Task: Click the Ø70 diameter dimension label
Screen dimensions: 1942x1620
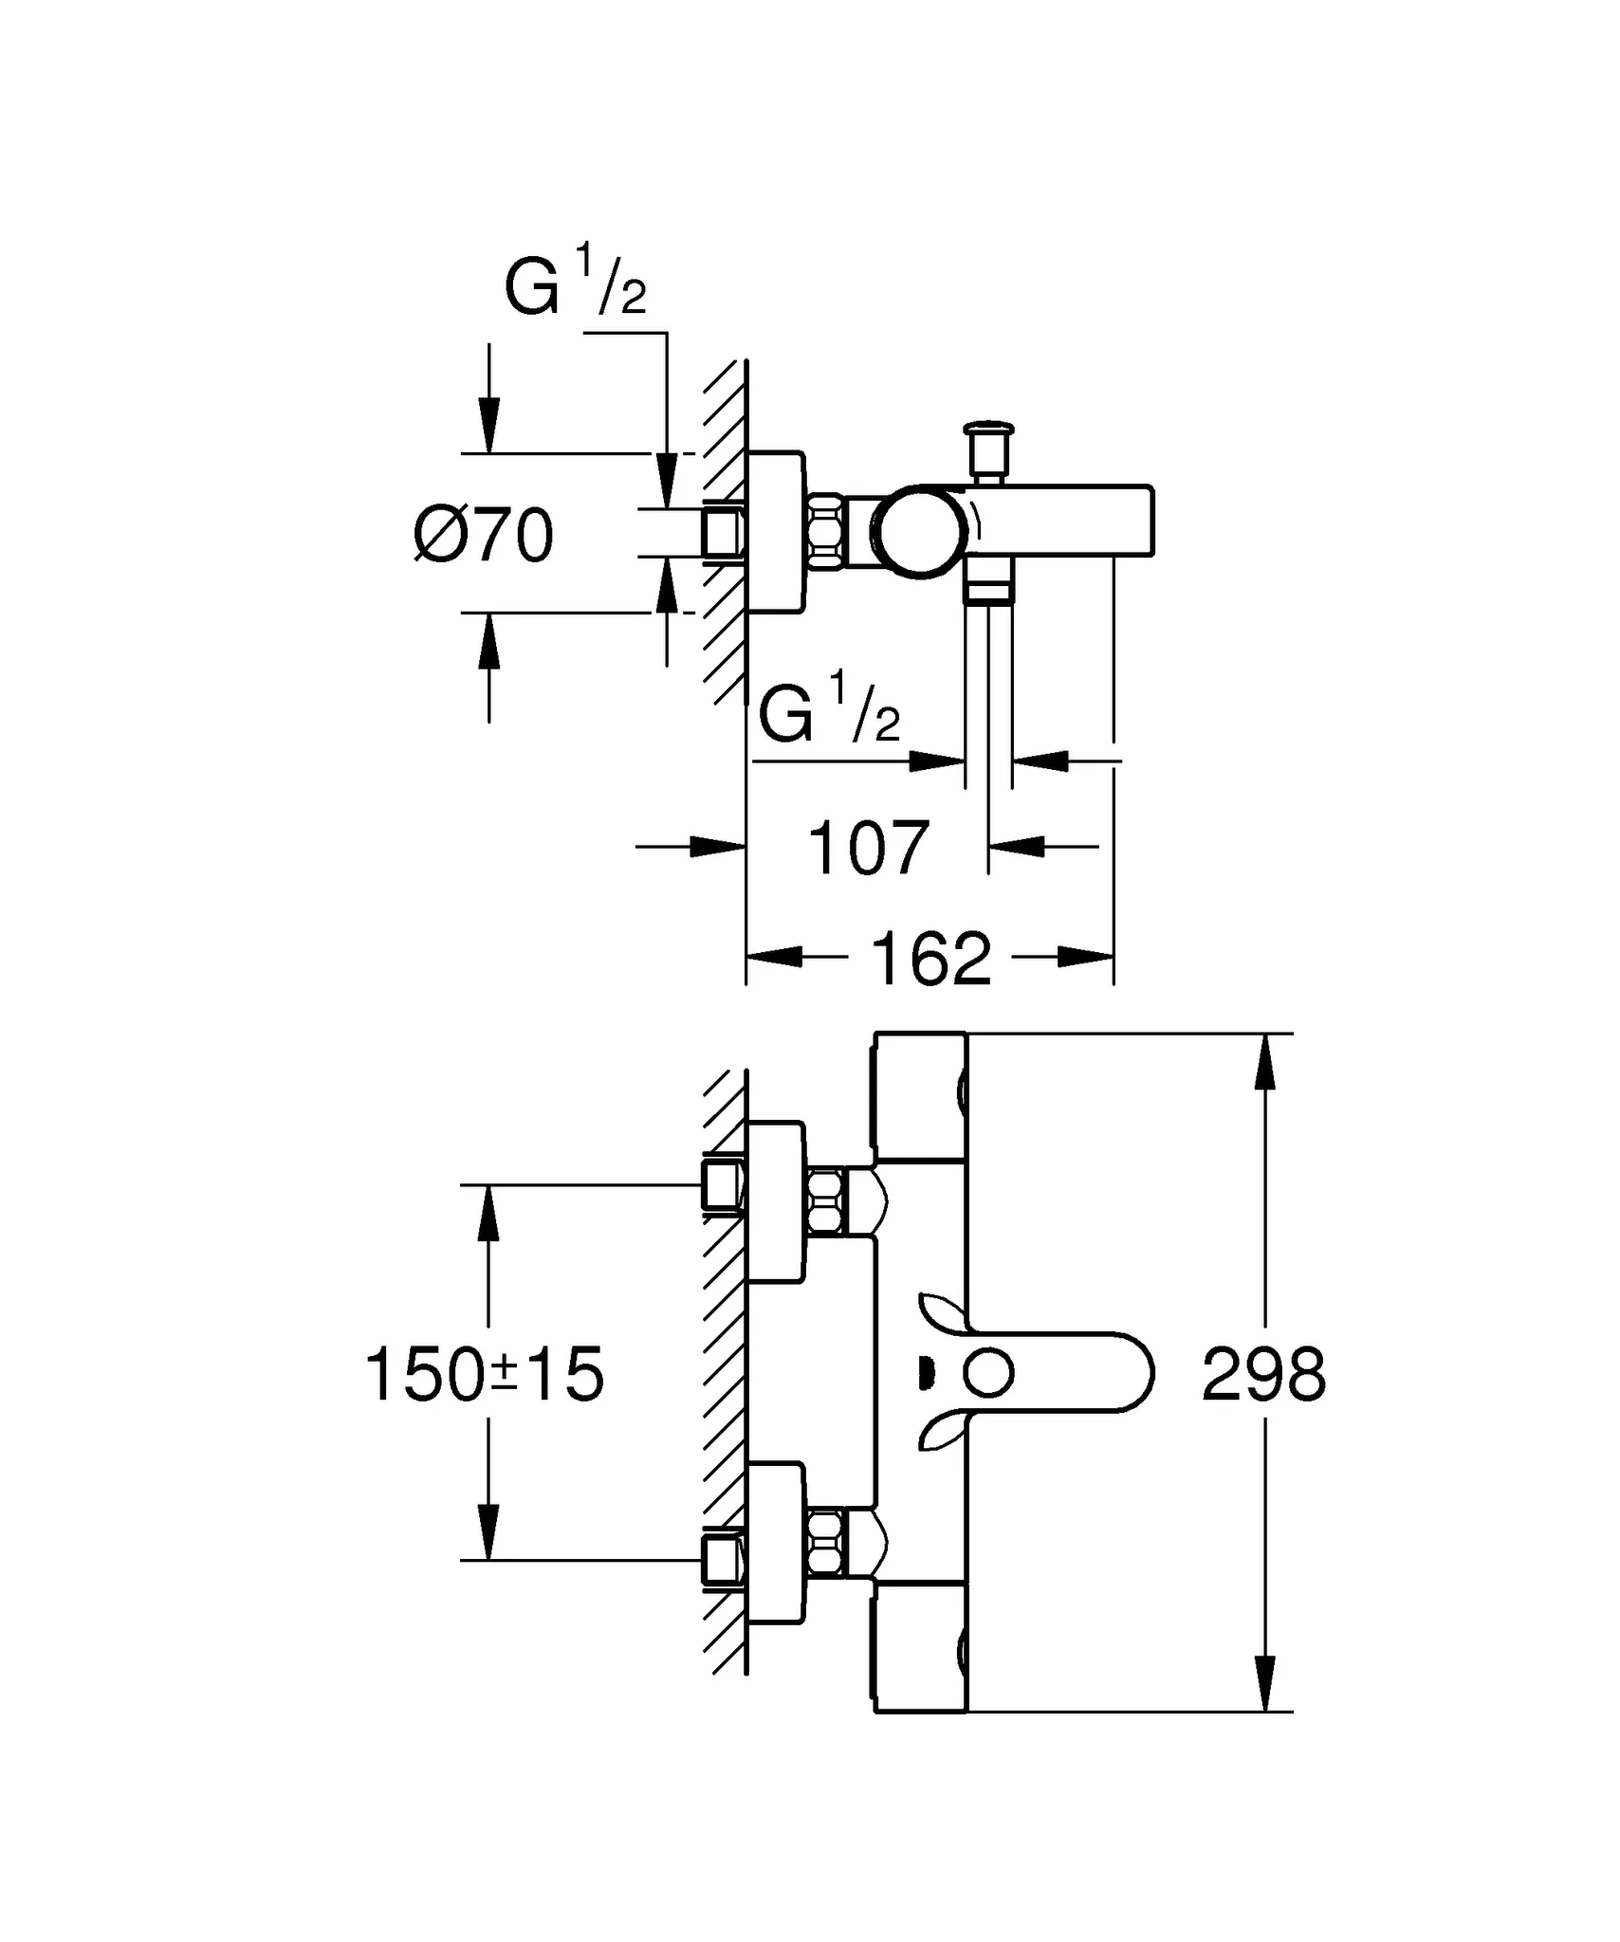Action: click(x=484, y=536)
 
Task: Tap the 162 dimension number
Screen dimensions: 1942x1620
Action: click(x=930, y=959)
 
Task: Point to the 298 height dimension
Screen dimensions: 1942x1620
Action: click(x=1263, y=1375)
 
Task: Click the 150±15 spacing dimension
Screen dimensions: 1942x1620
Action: click(x=484, y=1375)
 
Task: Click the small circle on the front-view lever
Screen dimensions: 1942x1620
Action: click(x=988, y=1374)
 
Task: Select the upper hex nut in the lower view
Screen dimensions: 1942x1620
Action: click(x=826, y=1201)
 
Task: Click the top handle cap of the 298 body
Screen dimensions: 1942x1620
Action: click(x=919, y=1096)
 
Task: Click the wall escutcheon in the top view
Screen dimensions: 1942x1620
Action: click(x=776, y=532)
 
